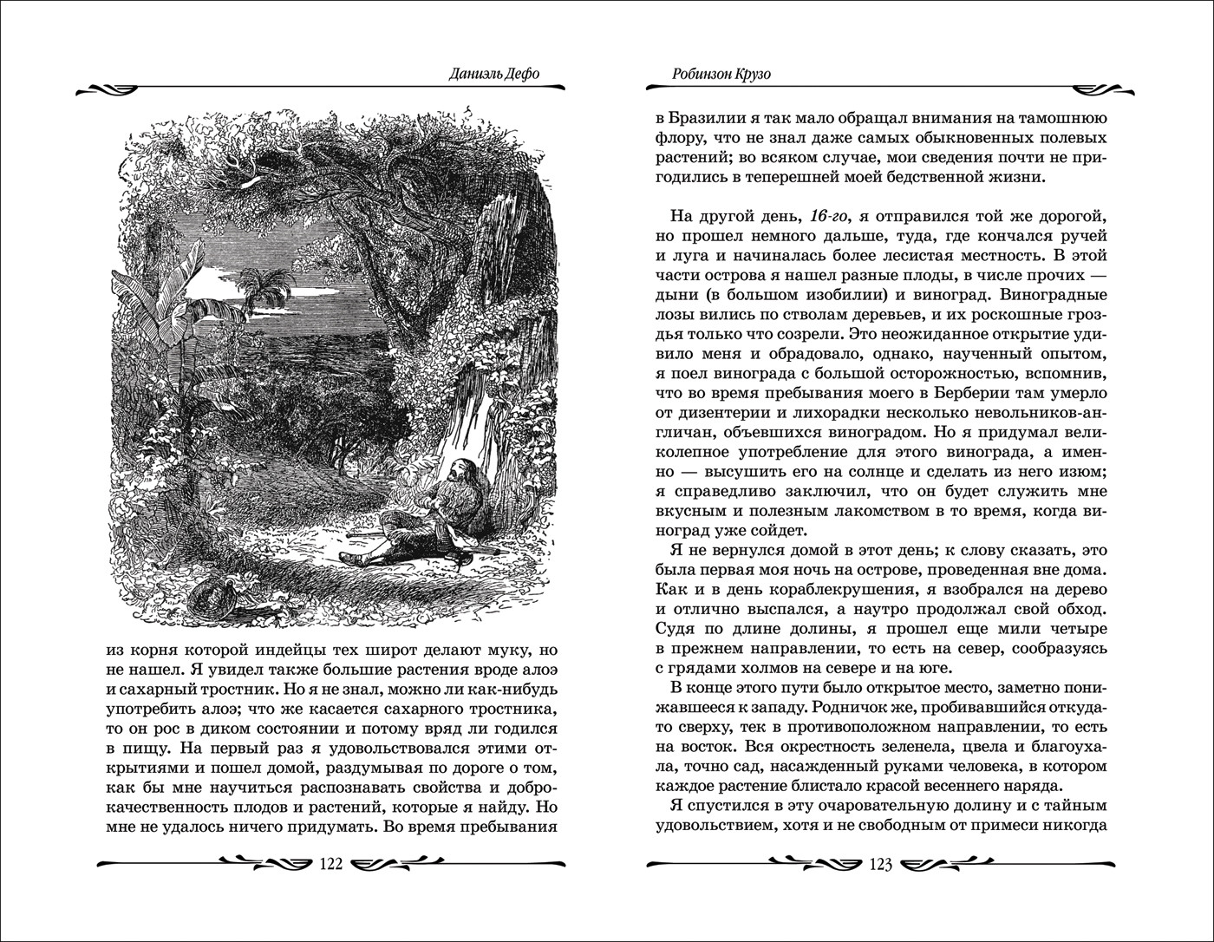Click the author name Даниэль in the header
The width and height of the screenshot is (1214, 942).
[x=469, y=74]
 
